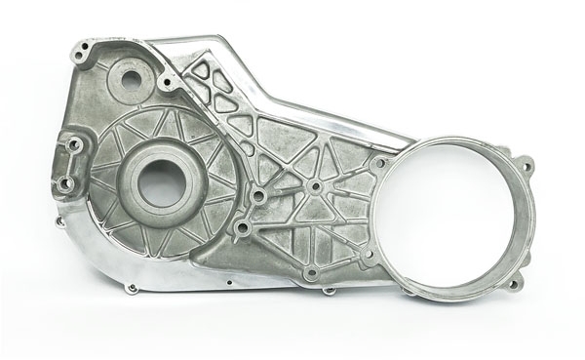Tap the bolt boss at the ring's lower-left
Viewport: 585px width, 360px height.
[x=368, y=256]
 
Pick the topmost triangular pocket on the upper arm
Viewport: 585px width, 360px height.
[x=201, y=69]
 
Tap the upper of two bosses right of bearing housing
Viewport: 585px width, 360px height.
[x=257, y=196]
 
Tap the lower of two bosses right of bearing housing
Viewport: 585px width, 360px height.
[x=240, y=229]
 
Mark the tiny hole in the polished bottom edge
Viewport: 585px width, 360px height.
[x=227, y=287]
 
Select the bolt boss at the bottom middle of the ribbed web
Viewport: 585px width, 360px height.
[x=310, y=274]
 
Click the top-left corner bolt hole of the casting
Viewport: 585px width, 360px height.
[x=86, y=46]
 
